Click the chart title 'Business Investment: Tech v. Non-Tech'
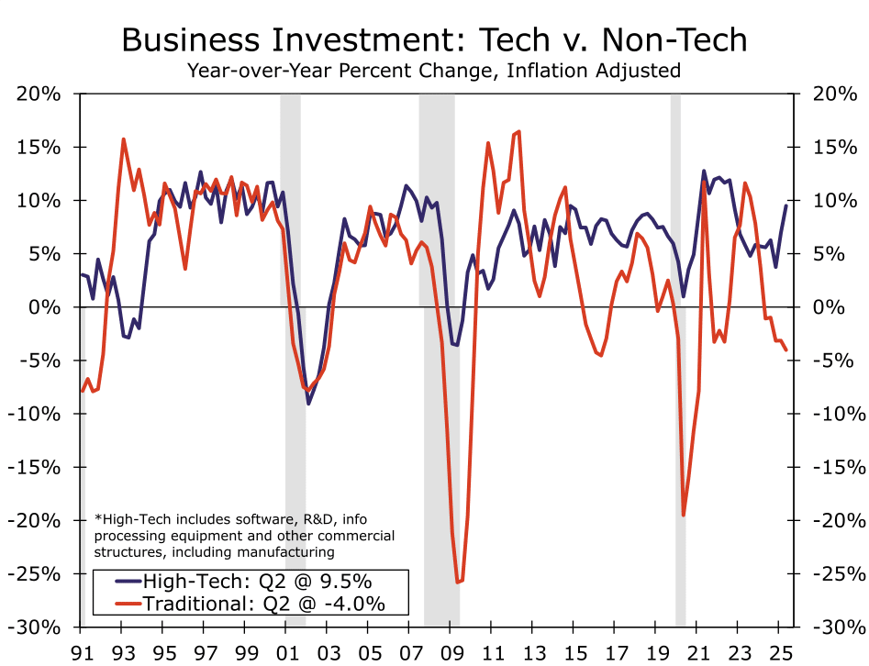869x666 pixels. coord(434,39)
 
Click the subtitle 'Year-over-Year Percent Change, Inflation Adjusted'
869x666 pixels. coord(434,70)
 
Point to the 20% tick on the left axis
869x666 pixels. coord(39,94)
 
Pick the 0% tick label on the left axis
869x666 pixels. coord(46,307)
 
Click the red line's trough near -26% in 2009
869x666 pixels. coord(459,582)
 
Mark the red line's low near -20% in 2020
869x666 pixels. coord(684,515)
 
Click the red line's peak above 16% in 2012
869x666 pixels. coord(519,132)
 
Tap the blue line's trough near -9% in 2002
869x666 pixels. coord(309,403)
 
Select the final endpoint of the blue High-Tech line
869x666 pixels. coord(786,205)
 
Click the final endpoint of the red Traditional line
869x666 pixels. coord(786,350)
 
